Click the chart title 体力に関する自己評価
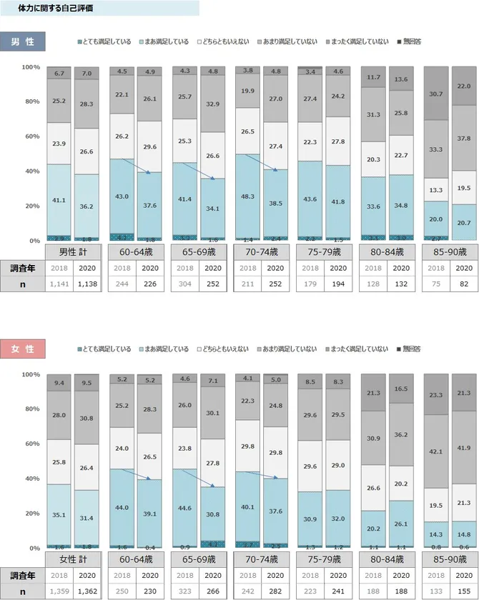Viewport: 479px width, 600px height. pyautogui.click(x=55, y=8)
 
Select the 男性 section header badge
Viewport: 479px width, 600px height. pyautogui.click(x=23, y=41)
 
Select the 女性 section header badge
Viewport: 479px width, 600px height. pyautogui.click(x=23, y=349)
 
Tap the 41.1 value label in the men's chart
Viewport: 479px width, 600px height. pyautogui.click(x=59, y=201)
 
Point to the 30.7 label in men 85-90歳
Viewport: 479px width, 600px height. pyautogui.click(x=437, y=94)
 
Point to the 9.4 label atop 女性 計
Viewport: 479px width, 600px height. pyautogui.click(x=59, y=383)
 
